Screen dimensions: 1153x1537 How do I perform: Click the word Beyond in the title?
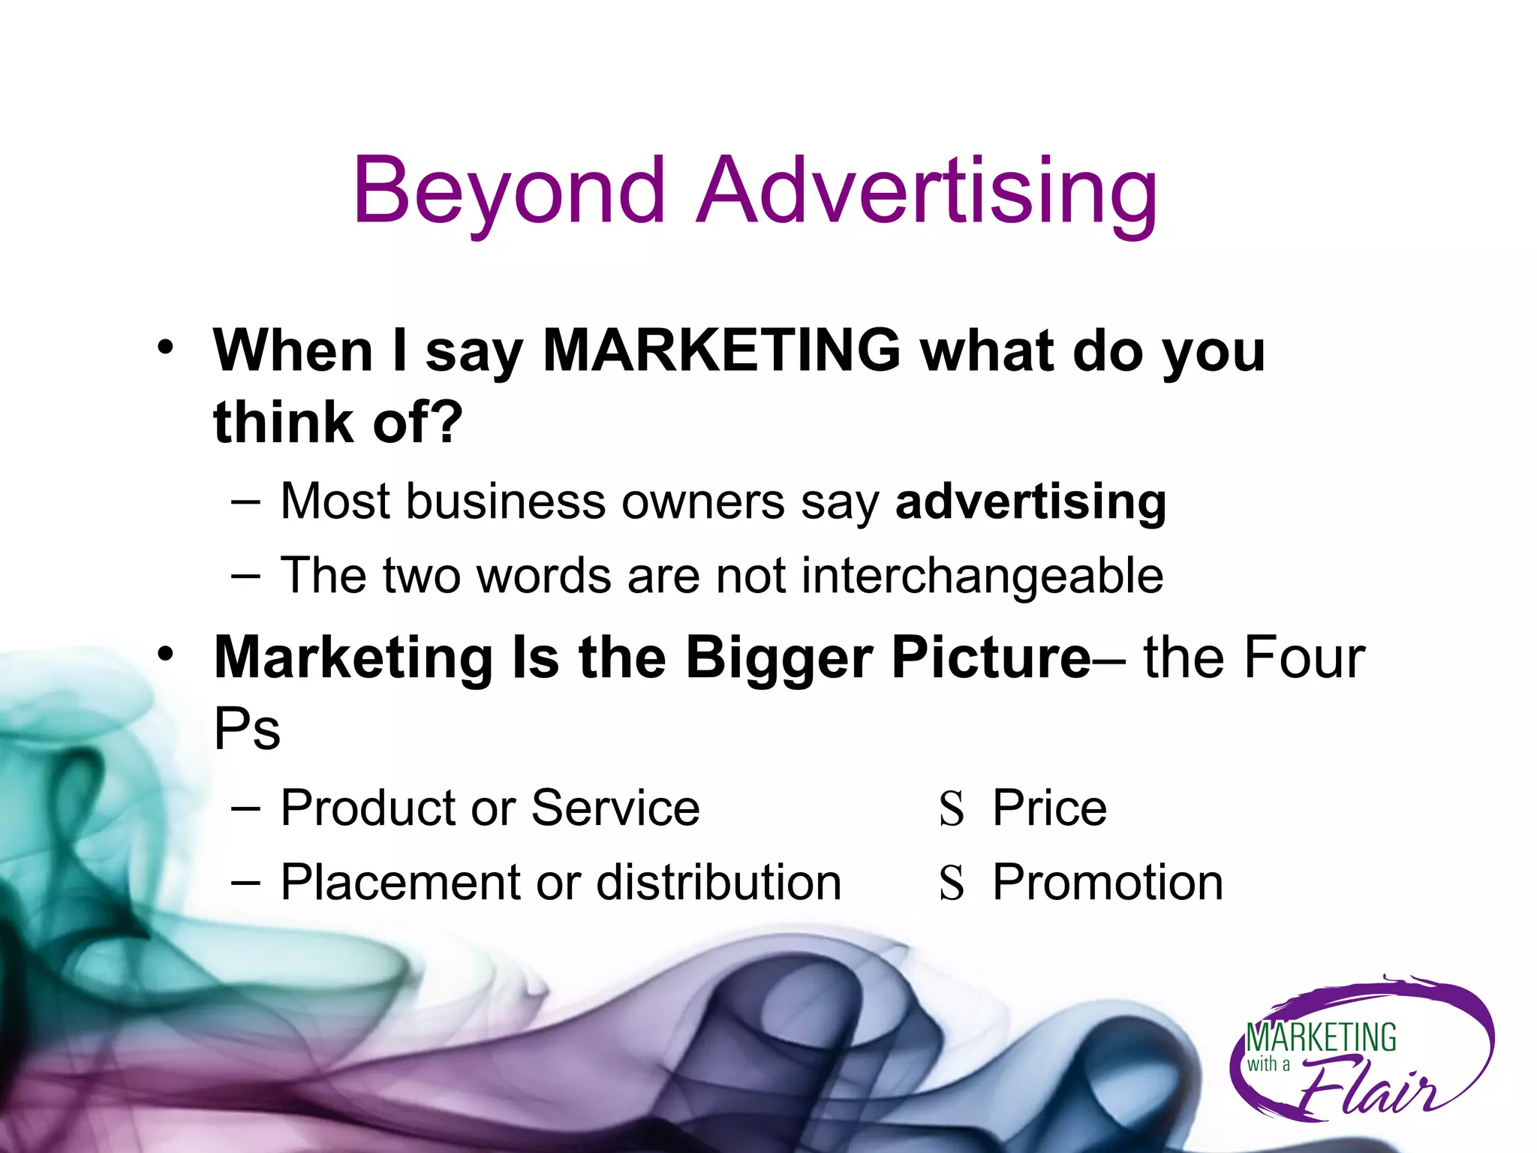(509, 191)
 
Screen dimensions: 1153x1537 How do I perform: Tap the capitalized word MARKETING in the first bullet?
(721, 351)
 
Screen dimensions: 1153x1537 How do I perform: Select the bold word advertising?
(1030, 501)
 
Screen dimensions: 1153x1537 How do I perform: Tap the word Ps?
(247, 728)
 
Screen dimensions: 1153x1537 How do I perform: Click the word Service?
(615, 808)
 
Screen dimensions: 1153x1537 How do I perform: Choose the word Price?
(1049, 808)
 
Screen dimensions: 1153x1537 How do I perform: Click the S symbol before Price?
(951, 810)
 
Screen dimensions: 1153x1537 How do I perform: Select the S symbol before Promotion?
(951, 884)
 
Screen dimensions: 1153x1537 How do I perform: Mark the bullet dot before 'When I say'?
(165, 348)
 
